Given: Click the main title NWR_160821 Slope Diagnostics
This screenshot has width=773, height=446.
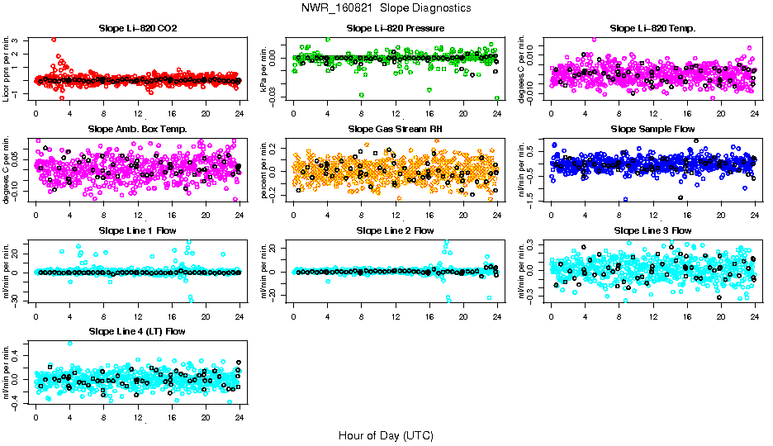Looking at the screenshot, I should tap(386, 7).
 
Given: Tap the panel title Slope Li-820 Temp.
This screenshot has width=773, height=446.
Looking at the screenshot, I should tap(652, 28).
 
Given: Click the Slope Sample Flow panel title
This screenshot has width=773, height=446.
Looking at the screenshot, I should tap(652, 129).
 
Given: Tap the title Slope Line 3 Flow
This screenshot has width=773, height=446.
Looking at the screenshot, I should tap(652, 230).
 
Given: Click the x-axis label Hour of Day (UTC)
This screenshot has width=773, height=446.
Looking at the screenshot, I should tap(386, 435).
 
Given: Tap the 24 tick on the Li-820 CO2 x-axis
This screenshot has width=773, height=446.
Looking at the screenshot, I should tap(239, 113).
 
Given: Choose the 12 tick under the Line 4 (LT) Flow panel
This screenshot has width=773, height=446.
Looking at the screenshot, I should tap(138, 416).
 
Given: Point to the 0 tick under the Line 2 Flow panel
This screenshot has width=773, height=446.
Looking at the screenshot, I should tap(294, 316).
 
